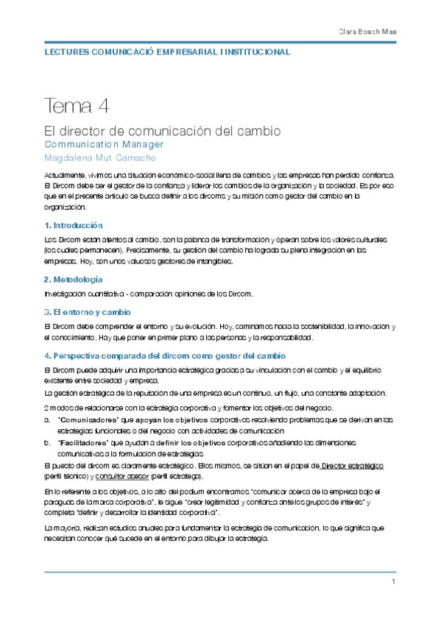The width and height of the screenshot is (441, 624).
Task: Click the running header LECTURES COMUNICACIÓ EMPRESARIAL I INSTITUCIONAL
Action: [167, 53]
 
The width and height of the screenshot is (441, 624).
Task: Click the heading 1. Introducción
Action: [74, 225]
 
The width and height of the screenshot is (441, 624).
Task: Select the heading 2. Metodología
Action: [73, 280]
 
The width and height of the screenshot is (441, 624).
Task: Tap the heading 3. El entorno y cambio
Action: [88, 312]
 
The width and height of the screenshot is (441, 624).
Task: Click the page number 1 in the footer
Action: [394, 583]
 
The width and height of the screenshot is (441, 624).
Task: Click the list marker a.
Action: [47, 419]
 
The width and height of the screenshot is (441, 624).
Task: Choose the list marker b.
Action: [47, 443]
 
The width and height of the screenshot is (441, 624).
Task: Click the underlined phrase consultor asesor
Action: [119, 477]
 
